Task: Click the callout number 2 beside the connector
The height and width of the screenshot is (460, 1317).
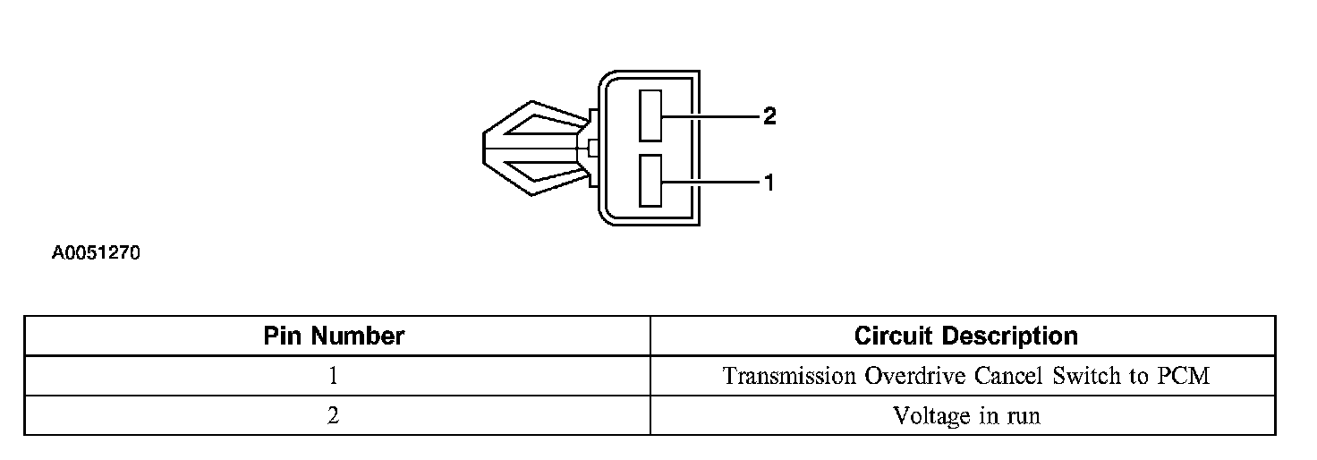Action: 769,116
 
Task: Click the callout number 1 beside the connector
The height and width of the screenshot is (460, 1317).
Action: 769,183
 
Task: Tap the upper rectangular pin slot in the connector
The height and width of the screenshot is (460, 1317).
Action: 650,115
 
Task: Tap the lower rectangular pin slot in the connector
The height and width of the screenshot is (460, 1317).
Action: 650,182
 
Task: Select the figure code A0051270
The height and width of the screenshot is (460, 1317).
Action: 96,254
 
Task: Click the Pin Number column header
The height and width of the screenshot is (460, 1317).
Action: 334,336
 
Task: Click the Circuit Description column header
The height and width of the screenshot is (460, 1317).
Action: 965,336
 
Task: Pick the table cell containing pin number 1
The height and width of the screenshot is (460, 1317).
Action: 334,376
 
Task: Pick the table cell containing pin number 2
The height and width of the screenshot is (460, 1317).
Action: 334,416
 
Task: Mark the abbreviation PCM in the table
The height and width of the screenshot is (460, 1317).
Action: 1183,376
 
